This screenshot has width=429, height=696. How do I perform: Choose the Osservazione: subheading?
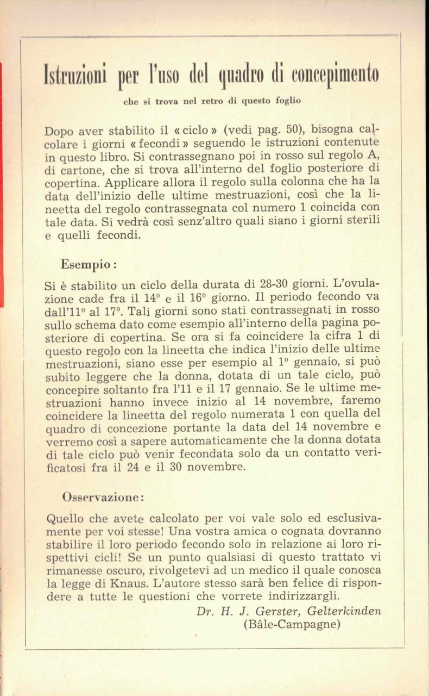[x=103, y=497]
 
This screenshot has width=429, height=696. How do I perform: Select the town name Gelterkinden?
[x=346, y=611]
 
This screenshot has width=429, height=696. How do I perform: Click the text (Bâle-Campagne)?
[x=292, y=624]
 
